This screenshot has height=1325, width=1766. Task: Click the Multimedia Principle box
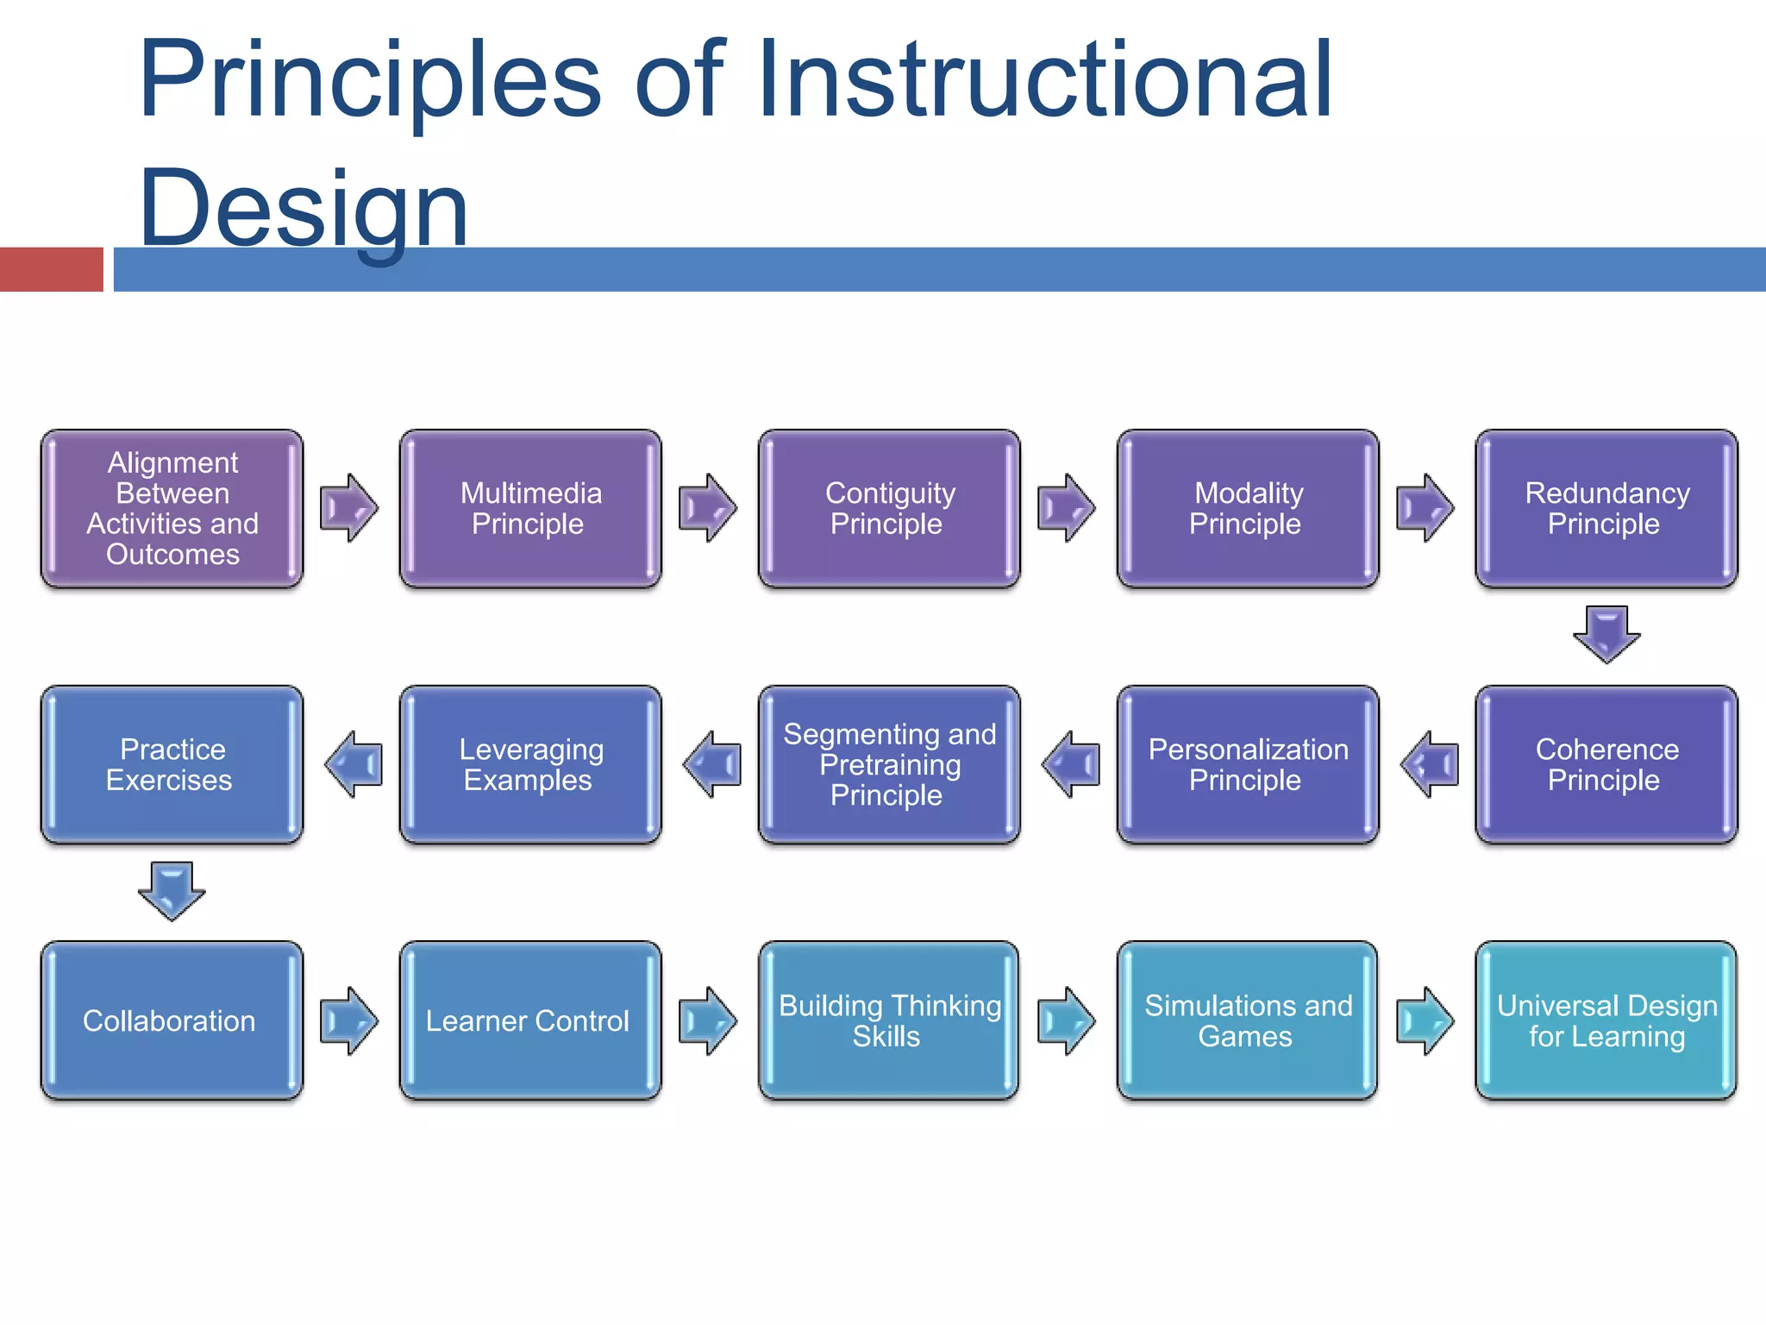[530, 508]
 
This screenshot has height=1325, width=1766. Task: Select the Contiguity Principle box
[889, 508]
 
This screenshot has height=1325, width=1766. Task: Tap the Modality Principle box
[1248, 508]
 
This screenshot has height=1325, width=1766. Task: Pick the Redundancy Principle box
[1606, 508]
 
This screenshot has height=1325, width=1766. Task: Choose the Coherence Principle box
[1606, 764]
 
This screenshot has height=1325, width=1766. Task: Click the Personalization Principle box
[1248, 764]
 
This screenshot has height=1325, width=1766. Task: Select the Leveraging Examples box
[530, 764]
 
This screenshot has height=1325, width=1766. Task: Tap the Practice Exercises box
[172, 764]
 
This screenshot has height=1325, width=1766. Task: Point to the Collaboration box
[172, 1020]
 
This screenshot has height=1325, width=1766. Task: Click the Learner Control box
[530, 1020]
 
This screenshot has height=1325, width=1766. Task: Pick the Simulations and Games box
[1248, 1020]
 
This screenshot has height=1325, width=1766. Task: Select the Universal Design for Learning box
[1606, 1020]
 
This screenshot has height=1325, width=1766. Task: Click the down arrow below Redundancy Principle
[1606, 634]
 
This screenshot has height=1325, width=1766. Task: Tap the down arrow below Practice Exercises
[172, 890]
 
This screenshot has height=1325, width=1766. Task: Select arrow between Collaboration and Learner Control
[349, 1020]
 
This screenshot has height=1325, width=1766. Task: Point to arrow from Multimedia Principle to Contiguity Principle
[708, 507]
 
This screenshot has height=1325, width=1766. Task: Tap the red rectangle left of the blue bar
[51, 269]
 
